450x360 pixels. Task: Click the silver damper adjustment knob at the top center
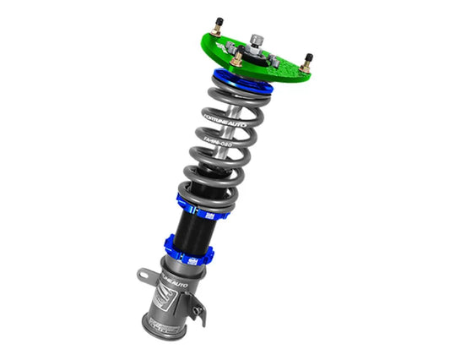(253, 38)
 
